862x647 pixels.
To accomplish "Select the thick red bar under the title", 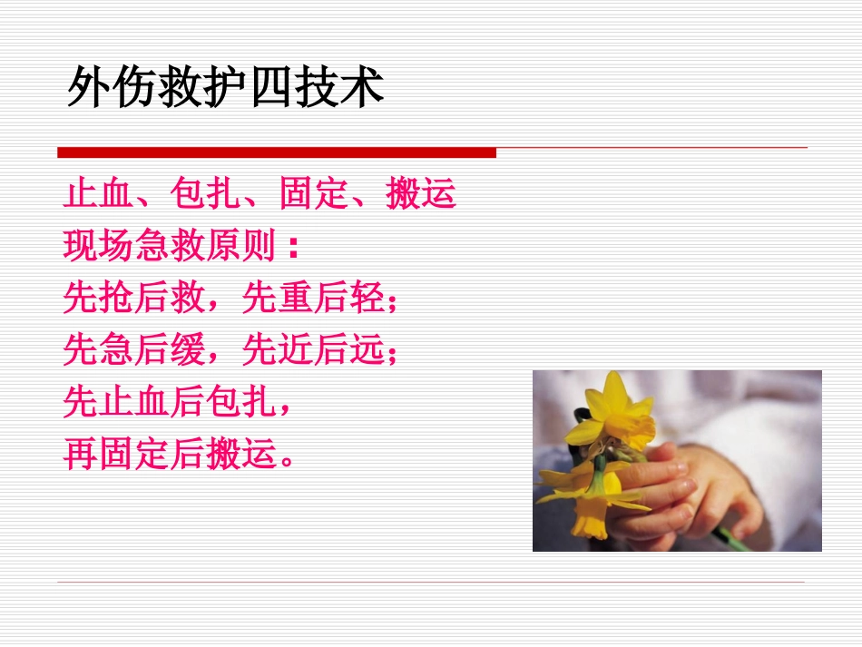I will coord(277,152).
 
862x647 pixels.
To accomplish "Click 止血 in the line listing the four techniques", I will coord(98,194).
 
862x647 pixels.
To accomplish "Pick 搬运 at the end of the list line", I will coord(420,194).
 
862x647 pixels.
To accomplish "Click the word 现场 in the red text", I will coord(98,246).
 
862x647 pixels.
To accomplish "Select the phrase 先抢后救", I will coord(133,298).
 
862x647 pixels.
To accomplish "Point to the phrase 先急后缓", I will coord(133,349).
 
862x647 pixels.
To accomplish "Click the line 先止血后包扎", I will coord(170,402).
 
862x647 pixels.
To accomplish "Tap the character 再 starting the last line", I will coord(80,454).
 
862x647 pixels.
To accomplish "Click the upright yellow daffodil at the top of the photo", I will coord(616,413).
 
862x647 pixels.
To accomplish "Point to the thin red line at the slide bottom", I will coord(431,582).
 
